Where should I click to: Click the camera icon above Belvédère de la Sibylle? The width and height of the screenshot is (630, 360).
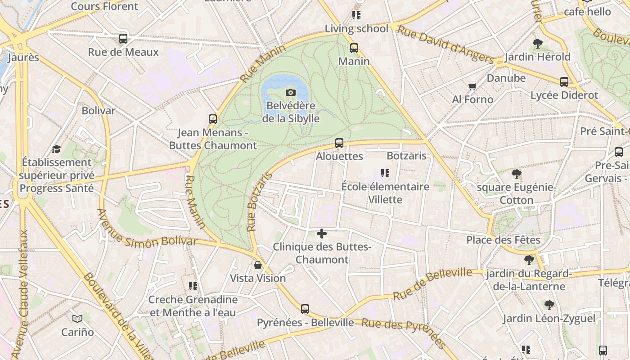291,92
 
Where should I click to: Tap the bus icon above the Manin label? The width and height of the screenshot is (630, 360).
354,48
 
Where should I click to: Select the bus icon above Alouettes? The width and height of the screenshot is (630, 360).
339,143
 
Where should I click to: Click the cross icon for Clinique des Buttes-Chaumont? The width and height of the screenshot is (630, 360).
322,234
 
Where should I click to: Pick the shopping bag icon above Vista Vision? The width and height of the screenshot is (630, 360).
258,265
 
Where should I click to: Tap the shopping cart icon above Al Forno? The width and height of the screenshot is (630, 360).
472,86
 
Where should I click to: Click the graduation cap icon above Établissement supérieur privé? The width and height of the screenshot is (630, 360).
56,149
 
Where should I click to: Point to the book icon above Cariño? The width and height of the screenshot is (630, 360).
77,319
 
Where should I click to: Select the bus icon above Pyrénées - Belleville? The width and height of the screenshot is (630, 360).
305,309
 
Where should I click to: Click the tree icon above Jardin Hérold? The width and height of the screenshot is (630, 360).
537,44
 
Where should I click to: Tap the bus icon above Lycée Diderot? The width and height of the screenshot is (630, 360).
564,82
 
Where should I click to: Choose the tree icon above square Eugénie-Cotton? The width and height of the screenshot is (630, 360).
517,174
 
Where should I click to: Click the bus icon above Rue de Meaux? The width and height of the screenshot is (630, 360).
123,39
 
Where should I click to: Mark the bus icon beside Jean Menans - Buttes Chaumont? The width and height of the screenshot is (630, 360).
213,119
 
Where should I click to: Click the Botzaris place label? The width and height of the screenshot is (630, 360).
406,156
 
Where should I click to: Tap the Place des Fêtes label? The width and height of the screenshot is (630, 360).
503,240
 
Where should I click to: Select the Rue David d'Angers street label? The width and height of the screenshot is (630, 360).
446,44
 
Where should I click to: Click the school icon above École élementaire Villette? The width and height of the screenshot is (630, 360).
385,173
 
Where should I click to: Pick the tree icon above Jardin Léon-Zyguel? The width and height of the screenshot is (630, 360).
549,305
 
